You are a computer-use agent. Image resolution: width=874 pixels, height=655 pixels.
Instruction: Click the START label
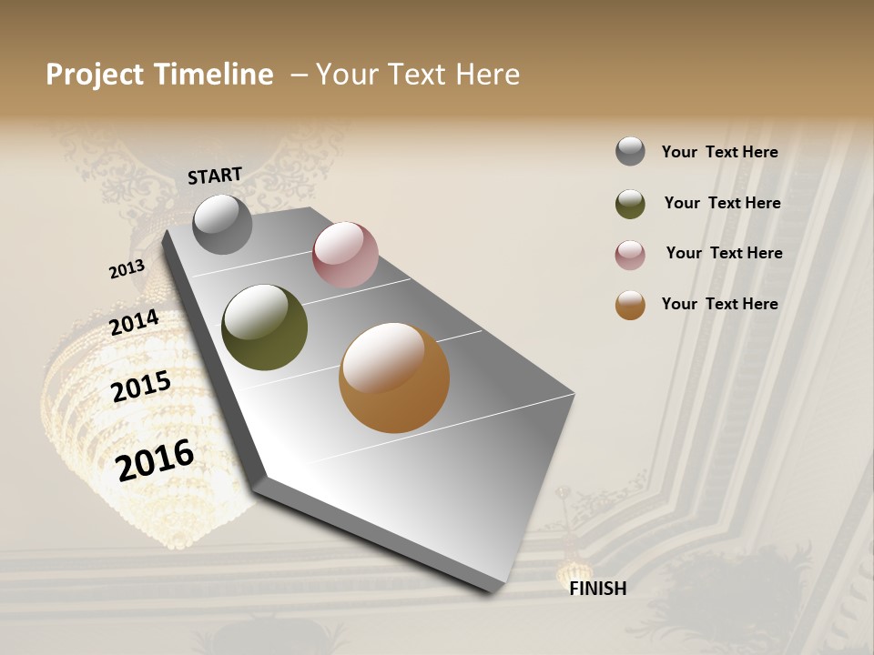(215, 176)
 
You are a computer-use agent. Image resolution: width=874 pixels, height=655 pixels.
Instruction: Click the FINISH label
(597, 589)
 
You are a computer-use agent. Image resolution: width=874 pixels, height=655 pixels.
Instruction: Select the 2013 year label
(127, 269)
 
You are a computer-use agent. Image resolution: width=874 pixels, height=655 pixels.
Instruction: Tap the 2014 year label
(135, 323)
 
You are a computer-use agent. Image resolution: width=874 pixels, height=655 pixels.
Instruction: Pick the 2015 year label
(141, 387)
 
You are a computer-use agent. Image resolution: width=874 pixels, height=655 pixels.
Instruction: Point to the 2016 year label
(155, 459)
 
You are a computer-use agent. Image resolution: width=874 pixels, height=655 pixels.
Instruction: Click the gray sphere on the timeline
(222, 224)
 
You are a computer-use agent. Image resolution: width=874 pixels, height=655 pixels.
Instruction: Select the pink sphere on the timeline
(345, 255)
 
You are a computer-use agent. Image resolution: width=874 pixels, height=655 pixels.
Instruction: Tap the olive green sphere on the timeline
(264, 327)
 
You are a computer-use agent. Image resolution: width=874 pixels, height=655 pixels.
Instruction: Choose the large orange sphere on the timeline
(394, 378)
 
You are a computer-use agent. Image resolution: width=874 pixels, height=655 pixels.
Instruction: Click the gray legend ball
(630, 152)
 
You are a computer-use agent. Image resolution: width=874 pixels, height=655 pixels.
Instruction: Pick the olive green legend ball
(630, 204)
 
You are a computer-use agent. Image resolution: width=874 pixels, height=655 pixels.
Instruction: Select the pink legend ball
(630, 255)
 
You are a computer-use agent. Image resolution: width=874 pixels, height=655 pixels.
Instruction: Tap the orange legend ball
(630, 305)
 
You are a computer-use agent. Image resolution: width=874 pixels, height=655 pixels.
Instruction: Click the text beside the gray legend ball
(719, 153)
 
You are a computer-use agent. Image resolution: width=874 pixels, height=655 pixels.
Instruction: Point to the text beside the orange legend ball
(719, 304)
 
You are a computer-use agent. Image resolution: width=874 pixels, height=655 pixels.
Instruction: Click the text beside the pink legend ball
(724, 253)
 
